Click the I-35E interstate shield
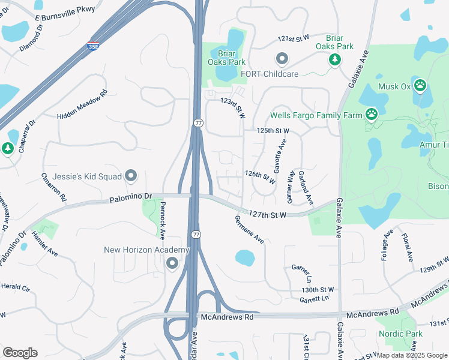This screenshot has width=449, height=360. coord(92,46)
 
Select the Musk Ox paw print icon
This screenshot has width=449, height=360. coord(420,85)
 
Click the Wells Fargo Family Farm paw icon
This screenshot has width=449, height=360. coord(372,114)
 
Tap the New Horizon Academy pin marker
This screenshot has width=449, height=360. coord(173,263)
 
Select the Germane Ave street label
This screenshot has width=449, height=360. coord(250,229)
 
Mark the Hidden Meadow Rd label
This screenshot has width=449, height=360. coord(82,104)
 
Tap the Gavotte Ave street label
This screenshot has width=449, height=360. coord(280,154)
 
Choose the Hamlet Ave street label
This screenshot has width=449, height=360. coord(46,245)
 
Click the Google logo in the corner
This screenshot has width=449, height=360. coord(20,353)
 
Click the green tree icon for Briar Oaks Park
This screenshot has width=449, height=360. coord(334,59)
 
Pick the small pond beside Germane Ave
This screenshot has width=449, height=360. coord(245,258)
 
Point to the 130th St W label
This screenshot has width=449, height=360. coord(318,290)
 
